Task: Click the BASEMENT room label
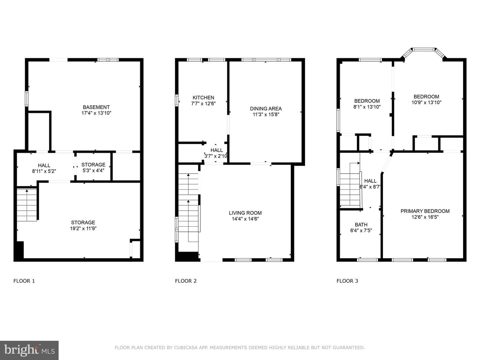[x=96, y=107]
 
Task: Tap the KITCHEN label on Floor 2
[x=203, y=98]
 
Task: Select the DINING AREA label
[x=266, y=109]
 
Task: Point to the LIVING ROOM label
[x=245, y=213]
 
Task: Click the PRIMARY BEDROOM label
[x=425, y=211]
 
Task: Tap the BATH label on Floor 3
[x=361, y=225]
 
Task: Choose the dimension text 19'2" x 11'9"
[x=83, y=228]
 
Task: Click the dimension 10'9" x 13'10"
[x=426, y=103]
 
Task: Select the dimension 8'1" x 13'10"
[x=367, y=107]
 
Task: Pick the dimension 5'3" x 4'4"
[x=93, y=170]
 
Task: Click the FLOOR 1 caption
[x=24, y=281]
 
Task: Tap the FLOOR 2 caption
[x=186, y=281]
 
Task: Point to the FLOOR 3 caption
[x=347, y=281]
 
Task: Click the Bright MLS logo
[x=29, y=350]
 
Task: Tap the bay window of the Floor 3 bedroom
[x=424, y=52]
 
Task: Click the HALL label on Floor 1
[x=44, y=165]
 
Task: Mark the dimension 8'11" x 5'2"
[x=44, y=171]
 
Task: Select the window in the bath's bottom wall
[x=367, y=260]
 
